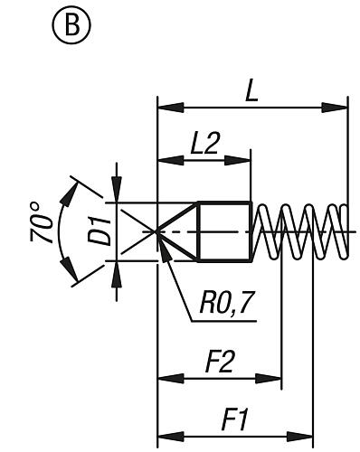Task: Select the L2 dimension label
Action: pyautogui.click(x=203, y=146)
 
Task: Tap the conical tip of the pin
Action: pyautogui.click(x=179, y=231)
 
